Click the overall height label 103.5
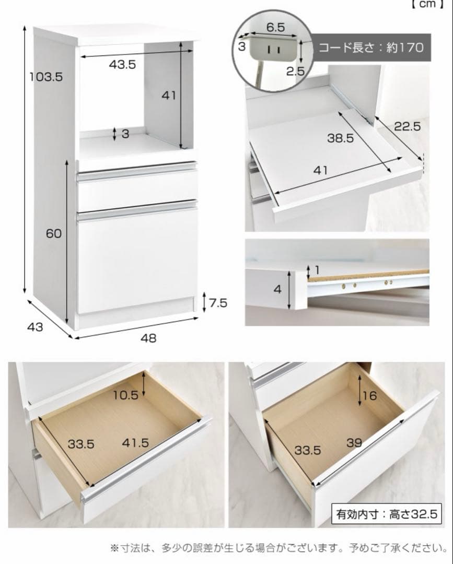point(46,77)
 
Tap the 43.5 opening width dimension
point(122,64)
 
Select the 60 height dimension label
point(54,233)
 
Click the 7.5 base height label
point(218,303)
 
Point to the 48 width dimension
point(148,338)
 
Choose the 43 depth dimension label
point(35,326)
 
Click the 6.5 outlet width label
point(275,27)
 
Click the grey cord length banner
point(370,48)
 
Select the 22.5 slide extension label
point(408,126)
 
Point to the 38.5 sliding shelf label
point(340,138)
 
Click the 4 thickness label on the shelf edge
point(277,289)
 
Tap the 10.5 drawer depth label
point(125,395)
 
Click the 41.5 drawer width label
point(135,442)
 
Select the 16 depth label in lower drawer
point(369,396)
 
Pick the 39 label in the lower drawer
point(354,443)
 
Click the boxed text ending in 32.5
point(387,514)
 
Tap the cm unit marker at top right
point(427,4)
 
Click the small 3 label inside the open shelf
point(125,134)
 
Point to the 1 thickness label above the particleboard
point(317,269)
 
